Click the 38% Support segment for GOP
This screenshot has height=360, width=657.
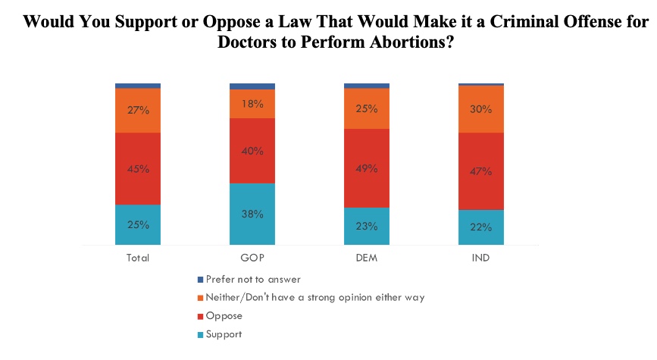coord(252,214)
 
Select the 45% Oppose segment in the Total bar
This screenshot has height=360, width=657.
coord(138,168)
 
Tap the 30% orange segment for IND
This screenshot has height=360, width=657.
coord(481,109)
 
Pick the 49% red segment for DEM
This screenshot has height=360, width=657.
coord(367,167)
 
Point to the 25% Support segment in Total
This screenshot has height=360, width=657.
coord(138,225)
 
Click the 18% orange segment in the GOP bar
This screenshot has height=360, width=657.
coord(252,104)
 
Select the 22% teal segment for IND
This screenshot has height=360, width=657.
coord(481,227)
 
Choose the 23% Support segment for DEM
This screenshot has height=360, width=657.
coord(367,227)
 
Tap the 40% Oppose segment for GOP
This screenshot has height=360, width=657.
coord(252,151)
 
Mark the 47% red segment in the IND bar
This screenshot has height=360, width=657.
coord(481,171)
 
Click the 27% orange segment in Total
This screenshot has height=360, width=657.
coord(138,111)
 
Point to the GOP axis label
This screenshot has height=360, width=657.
coord(252,258)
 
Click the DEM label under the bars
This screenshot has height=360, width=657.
coord(367,258)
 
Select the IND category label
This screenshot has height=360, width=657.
coord(481,258)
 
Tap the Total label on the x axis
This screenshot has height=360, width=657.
coord(138,258)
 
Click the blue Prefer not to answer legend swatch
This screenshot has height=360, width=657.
coord(200,280)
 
